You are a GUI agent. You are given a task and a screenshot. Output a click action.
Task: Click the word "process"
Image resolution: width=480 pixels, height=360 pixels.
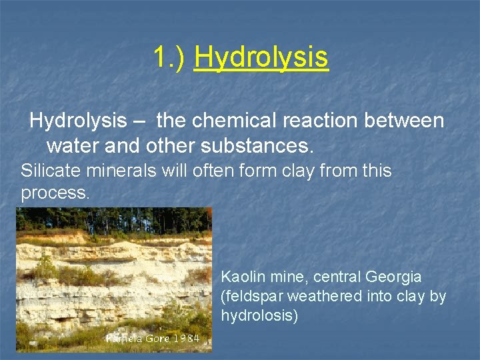point(54,193)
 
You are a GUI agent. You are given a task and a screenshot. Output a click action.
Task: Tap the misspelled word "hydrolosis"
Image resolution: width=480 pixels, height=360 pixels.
point(259,315)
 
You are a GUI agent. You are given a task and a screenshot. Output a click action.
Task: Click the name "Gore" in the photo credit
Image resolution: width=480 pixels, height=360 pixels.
point(154,338)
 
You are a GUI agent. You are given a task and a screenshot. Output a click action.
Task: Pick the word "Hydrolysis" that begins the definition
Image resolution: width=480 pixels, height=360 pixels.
point(78,121)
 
